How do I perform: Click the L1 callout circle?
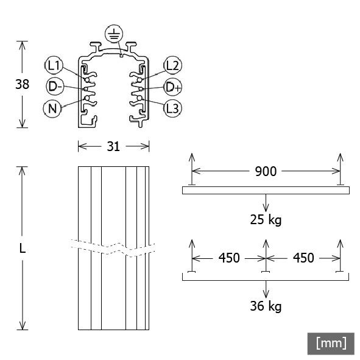[x=53, y=65]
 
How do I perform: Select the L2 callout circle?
[x=172, y=65]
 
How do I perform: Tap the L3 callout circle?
[x=172, y=108]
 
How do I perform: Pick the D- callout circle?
[x=55, y=86]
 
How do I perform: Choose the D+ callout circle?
[x=172, y=86]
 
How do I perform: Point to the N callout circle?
[x=53, y=108]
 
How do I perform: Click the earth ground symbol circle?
[x=113, y=33]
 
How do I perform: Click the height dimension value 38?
[x=22, y=85]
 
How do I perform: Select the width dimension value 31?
[x=113, y=146]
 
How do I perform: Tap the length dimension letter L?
[x=22, y=248]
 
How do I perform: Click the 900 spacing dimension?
[x=265, y=172]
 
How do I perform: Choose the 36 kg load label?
[x=266, y=306]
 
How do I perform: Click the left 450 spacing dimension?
[x=228, y=258]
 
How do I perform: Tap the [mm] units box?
[x=331, y=343]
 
